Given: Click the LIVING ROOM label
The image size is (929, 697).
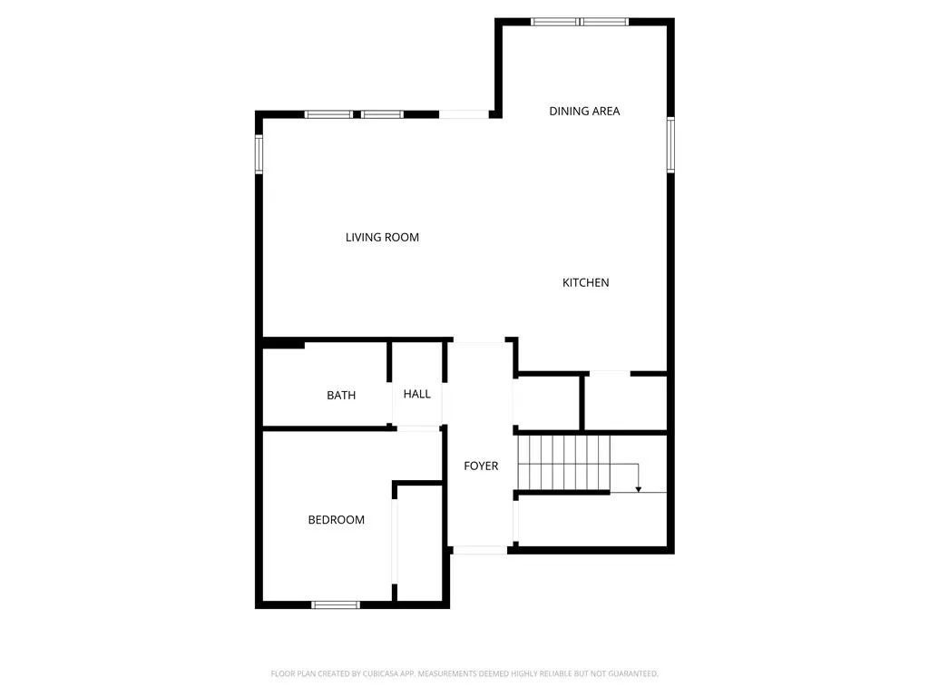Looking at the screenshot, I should [382, 238].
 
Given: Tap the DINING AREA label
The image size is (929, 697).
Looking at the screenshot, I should [584, 112].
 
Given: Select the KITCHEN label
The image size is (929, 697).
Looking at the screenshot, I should [585, 283].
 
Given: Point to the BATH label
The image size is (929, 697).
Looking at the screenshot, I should [341, 396].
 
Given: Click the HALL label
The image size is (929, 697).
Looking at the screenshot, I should [417, 394].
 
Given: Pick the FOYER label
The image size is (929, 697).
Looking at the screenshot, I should [481, 466].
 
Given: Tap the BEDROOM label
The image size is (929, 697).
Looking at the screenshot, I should [336, 520].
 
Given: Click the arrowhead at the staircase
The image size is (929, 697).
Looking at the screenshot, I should [639, 489].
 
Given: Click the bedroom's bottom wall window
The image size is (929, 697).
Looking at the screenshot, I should [336, 604].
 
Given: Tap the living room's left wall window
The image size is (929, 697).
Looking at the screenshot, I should [259, 153].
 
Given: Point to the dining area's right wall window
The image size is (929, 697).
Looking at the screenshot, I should [671, 143].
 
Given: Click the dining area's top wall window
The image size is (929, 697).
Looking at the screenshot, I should [580, 22].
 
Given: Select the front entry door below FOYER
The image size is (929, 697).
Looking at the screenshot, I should [480, 549].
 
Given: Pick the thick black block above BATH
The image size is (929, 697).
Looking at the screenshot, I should [283, 343].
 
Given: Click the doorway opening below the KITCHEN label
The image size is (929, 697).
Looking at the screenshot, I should [609, 372].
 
